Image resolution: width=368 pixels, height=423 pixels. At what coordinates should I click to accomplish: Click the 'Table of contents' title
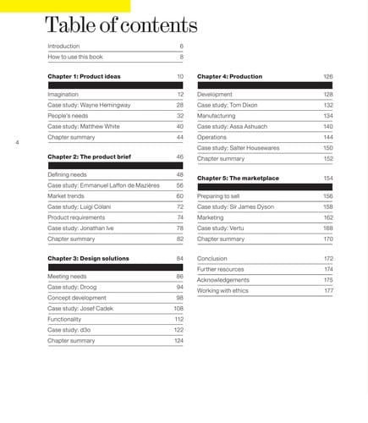pos(121,25)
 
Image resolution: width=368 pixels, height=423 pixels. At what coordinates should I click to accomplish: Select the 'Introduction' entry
pos(63,46)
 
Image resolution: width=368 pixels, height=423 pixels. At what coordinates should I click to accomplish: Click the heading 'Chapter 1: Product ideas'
pos(84,76)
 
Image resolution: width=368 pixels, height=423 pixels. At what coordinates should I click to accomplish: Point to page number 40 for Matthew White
pos(179,126)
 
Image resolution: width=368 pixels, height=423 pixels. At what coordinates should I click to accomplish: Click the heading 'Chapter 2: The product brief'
pos(91,157)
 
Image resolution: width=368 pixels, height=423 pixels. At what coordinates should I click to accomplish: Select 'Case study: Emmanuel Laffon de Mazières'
pos(103,184)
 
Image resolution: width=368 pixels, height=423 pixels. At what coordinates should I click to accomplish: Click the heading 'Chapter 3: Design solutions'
pos(88,257)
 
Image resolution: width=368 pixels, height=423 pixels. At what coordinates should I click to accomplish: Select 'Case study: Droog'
pos(73,287)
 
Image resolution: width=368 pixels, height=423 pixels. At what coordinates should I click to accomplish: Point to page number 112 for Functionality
pos(179,319)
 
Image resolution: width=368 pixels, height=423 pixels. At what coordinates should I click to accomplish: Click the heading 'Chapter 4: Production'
pos(229,76)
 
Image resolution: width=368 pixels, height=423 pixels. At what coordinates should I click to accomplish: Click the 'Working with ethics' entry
pos(223,290)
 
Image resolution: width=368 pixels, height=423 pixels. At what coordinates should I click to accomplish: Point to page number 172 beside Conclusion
pos(328,258)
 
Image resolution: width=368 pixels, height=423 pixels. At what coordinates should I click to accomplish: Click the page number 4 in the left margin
pos(17,142)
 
